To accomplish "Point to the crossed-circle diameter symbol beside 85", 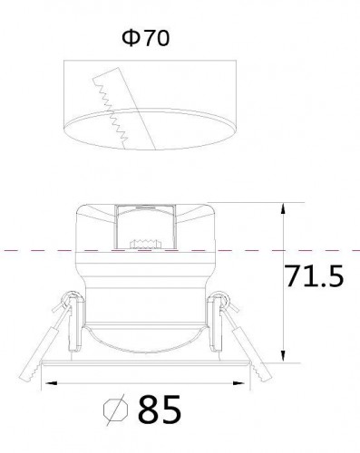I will [x=115, y=410].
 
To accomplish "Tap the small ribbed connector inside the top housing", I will [x=141, y=243].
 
